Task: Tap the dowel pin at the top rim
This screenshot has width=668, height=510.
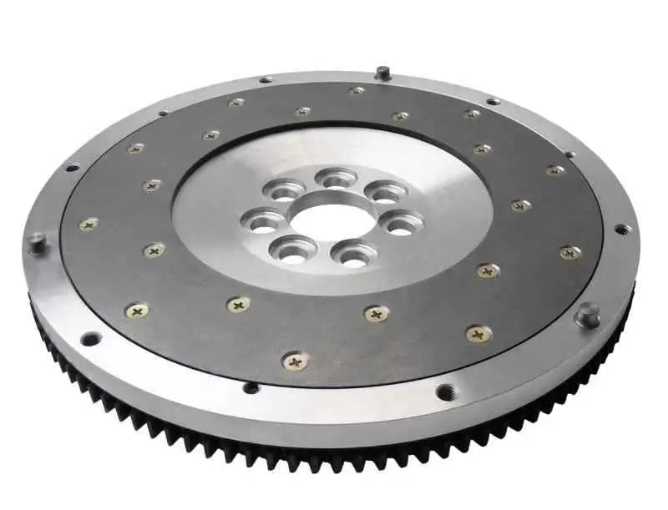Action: click(382, 73)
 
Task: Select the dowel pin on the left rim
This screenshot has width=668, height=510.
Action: click(36, 242)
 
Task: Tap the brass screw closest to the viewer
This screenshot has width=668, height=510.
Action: click(296, 361)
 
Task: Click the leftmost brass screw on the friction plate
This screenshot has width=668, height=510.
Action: click(89, 224)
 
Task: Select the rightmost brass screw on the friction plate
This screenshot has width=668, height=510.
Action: click(569, 252)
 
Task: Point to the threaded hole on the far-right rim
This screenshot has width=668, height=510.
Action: click(621, 229)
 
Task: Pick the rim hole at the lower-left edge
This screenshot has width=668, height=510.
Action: click(90, 338)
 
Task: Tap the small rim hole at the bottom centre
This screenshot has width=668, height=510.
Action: click(250, 386)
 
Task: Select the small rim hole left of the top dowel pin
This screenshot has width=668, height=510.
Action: click(266, 80)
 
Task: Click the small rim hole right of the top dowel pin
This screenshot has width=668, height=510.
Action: click(493, 101)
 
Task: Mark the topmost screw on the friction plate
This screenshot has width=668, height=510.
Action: click(357, 90)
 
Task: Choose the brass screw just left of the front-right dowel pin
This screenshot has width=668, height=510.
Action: click(478, 334)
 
